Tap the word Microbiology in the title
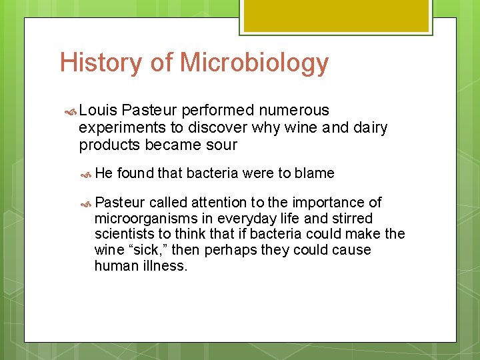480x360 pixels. tap(255, 63)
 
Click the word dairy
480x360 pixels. tap(369, 127)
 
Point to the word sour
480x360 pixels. tap(222, 145)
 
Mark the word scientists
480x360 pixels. tap(125, 234)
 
